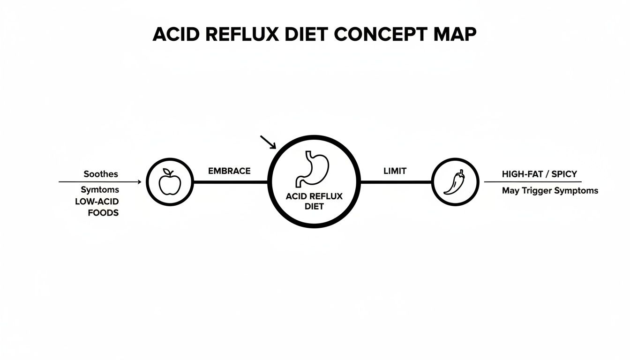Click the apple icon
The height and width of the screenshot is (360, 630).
[170, 183]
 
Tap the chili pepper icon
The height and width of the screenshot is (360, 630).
[454, 182]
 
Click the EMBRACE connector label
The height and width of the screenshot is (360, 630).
[229, 171]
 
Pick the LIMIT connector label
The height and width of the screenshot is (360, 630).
[395, 171]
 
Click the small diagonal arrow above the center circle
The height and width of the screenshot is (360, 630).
[268, 142]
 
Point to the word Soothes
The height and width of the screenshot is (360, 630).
[101, 174]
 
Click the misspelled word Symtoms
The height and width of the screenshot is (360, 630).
[100, 190]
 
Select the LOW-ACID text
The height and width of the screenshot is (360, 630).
[97, 201]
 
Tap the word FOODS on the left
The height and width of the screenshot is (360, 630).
[103, 212]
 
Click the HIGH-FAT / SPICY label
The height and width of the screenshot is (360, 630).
[539, 174]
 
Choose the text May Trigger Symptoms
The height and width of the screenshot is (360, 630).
[550, 191]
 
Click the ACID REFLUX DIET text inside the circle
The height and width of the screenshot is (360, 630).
[314, 201]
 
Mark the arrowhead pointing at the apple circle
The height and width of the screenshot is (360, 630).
[139, 182]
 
